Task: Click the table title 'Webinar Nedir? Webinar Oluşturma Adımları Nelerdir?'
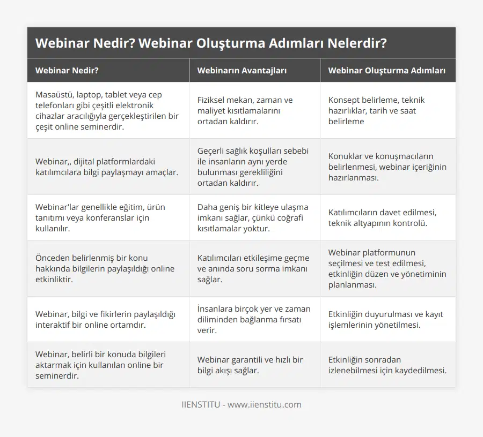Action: coord(211,43)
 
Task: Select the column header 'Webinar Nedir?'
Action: coord(67,70)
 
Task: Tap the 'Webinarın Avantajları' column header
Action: coord(241,70)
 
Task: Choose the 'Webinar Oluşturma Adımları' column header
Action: coord(387,70)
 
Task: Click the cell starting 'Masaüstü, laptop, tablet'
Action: coord(107,110)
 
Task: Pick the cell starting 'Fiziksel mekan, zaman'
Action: coord(245,110)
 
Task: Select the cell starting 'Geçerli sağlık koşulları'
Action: coord(253,167)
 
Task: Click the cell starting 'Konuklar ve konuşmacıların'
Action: coord(387,167)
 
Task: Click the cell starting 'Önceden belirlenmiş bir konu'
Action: coord(105,268)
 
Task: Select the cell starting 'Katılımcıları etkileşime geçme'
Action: coord(253,268)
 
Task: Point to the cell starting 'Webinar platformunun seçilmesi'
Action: coord(387,268)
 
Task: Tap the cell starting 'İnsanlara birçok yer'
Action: coord(253,319)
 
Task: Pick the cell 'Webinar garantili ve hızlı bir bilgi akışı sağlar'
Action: coord(250,365)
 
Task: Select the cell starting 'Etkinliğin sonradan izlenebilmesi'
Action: coord(387,365)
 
